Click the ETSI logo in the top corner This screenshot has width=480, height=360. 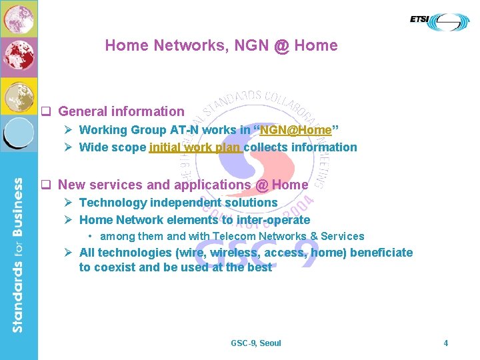click(x=439, y=21)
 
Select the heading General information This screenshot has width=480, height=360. click(x=121, y=111)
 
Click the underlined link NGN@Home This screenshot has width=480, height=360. click(x=295, y=130)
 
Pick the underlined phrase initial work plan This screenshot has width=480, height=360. click(x=196, y=147)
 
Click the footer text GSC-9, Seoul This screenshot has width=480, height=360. click(x=256, y=343)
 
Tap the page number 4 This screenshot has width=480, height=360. click(x=446, y=343)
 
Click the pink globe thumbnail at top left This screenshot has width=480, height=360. click(x=19, y=18)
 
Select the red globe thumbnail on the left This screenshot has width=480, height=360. click(x=19, y=57)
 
